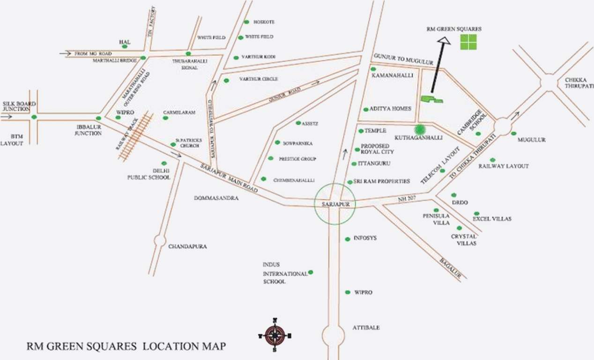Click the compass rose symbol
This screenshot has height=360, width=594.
(x=275, y=335)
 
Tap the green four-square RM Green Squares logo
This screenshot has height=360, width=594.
(x=468, y=42)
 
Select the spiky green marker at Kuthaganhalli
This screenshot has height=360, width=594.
(x=420, y=129)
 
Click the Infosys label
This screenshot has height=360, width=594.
(x=365, y=238)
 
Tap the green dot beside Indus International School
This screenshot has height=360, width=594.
(x=311, y=272)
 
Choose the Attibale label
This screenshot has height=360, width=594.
(x=366, y=328)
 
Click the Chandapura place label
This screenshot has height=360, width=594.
(x=187, y=246)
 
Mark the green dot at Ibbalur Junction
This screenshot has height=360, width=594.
(x=98, y=118)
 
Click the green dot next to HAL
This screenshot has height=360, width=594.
(x=125, y=46)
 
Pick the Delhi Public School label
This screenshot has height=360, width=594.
(x=148, y=174)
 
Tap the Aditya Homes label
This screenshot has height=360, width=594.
(x=390, y=108)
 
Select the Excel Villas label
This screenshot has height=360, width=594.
(x=492, y=219)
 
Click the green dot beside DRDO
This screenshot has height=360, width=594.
(x=453, y=195)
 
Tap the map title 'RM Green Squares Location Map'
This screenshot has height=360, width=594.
(x=126, y=346)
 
